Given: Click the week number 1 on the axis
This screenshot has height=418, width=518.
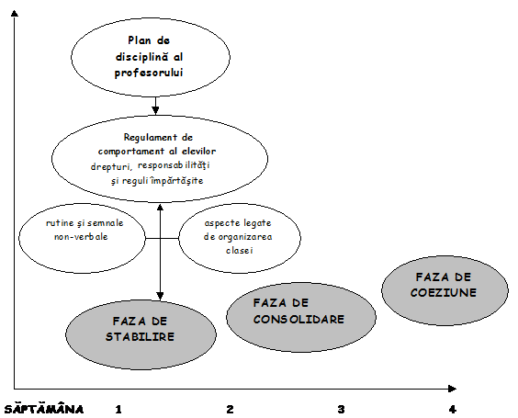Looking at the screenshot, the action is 118,410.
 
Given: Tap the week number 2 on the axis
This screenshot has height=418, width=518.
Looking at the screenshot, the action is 231,410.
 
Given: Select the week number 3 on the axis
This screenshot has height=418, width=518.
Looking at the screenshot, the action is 342,410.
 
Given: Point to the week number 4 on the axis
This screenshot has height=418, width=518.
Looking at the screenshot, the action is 453,410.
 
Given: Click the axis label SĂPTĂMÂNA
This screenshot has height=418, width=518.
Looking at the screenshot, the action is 44,409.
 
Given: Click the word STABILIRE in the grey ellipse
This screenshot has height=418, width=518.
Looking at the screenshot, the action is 140,337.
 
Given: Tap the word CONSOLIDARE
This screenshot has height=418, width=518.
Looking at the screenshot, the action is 298,319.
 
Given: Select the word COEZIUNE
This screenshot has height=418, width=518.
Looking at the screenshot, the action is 444,292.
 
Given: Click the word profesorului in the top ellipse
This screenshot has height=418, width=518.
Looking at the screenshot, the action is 149,73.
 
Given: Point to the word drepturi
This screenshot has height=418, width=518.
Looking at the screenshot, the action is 111,167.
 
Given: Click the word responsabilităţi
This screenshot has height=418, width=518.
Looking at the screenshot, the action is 174,165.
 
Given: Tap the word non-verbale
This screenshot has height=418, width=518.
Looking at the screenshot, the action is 81,237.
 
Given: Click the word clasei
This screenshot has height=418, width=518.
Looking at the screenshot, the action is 240,250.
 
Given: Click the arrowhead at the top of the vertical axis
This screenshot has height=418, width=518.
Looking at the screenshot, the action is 14,13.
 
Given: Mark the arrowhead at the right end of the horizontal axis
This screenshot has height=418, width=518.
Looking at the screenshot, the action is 452,389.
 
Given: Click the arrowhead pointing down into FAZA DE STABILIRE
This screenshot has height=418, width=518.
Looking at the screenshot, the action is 160,296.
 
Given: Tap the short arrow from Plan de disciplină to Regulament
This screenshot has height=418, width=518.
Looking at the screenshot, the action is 155,106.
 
